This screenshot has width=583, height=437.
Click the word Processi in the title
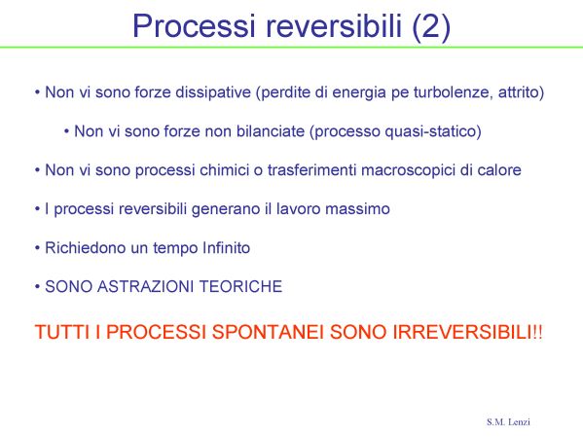pyautogui.click(x=194, y=26)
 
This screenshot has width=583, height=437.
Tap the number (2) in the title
pyautogui.click(x=431, y=27)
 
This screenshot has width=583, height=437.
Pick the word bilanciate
pyautogui.click(x=271, y=131)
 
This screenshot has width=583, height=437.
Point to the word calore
pyautogui.click(x=499, y=170)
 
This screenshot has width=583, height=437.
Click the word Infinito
pyautogui.click(x=226, y=247)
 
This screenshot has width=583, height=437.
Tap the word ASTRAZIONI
pyautogui.click(x=146, y=287)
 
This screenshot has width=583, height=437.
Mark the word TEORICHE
pyautogui.click(x=241, y=287)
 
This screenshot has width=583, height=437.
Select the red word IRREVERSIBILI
pyautogui.click(x=462, y=332)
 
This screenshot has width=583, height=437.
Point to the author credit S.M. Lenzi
pyautogui.click(x=508, y=421)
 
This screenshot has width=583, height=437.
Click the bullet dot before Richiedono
pyautogui.click(x=37, y=247)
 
